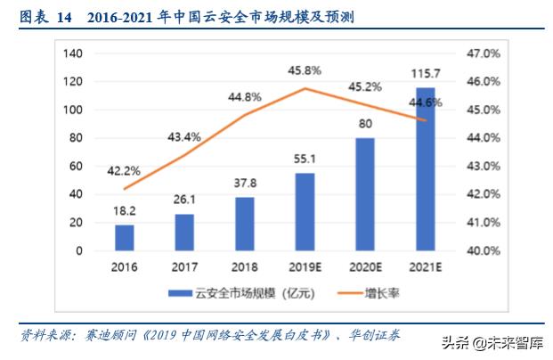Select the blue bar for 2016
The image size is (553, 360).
[x=125, y=238]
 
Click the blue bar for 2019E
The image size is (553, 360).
[x=305, y=212]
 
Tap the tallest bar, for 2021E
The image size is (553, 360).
[x=426, y=169]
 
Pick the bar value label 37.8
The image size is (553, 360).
[x=245, y=184]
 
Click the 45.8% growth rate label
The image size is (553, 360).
[x=305, y=70]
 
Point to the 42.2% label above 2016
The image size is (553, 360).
[x=124, y=171]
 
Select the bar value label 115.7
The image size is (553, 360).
[x=426, y=73]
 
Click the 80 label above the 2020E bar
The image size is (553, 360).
[x=365, y=124]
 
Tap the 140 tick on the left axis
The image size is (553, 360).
[x=73, y=53]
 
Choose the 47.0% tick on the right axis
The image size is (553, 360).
[x=484, y=53]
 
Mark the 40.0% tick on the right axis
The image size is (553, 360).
[x=484, y=251]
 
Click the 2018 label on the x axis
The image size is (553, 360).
[x=245, y=267]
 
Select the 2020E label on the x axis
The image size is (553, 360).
[x=365, y=267]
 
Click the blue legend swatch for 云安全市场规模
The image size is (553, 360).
[x=180, y=293]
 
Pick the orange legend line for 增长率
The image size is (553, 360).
[x=350, y=293]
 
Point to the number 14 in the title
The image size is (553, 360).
[x=64, y=18]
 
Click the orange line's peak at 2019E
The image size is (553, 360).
[x=305, y=88]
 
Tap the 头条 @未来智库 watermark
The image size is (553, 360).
[x=492, y=343]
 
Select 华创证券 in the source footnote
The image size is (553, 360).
[x=375, y=335]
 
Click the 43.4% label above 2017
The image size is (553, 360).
[x=184, y=137]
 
